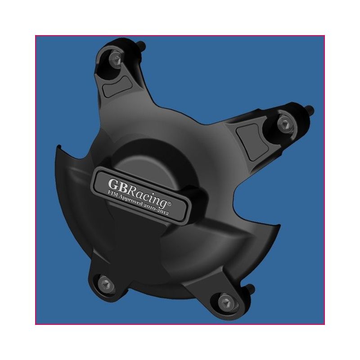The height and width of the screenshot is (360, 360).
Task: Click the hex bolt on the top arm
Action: (x=116, y=58)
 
